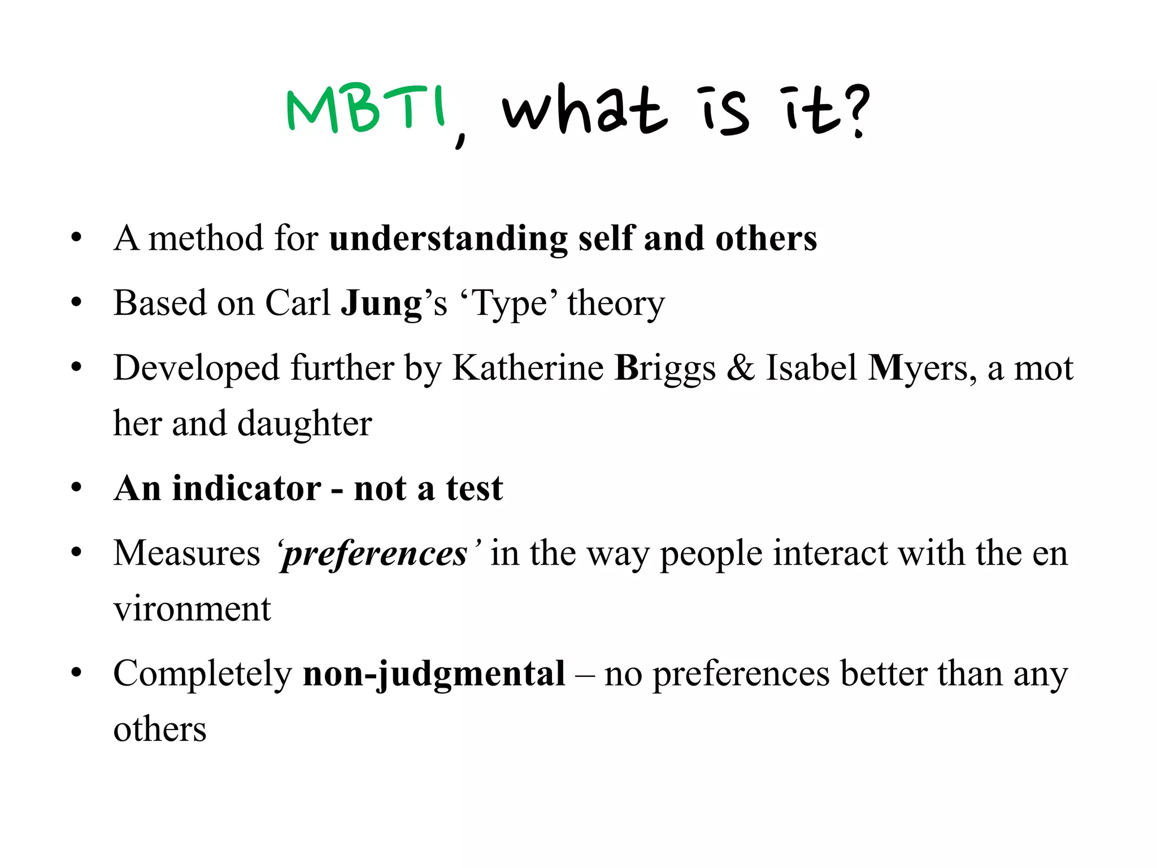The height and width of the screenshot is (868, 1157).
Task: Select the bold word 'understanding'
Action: click(x=448, y=239)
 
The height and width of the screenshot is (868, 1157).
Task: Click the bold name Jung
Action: click(x=381, y=303)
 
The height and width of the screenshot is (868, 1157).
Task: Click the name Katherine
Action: click(x=528, y=368)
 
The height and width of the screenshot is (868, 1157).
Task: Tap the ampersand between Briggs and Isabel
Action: click(x=740, y=368)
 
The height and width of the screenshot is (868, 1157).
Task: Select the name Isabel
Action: click(x=811, y=368)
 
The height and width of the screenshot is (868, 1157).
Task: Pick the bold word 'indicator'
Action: click(x=246, y=488)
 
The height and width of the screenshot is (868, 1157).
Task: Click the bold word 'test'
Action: click(x=474, y=488)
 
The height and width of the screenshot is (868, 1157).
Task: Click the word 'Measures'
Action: click(x=186, y=553)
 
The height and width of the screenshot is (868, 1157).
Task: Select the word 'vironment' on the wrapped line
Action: click(x=192, y=609)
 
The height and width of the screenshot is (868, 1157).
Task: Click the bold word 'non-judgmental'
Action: click(x=434, y=674)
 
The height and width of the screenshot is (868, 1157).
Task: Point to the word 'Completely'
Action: click(x=202, y=674)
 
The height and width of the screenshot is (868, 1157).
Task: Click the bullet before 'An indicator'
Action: click(x=77, y=488)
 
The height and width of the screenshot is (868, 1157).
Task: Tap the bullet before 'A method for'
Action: click(x=77, y=237)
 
